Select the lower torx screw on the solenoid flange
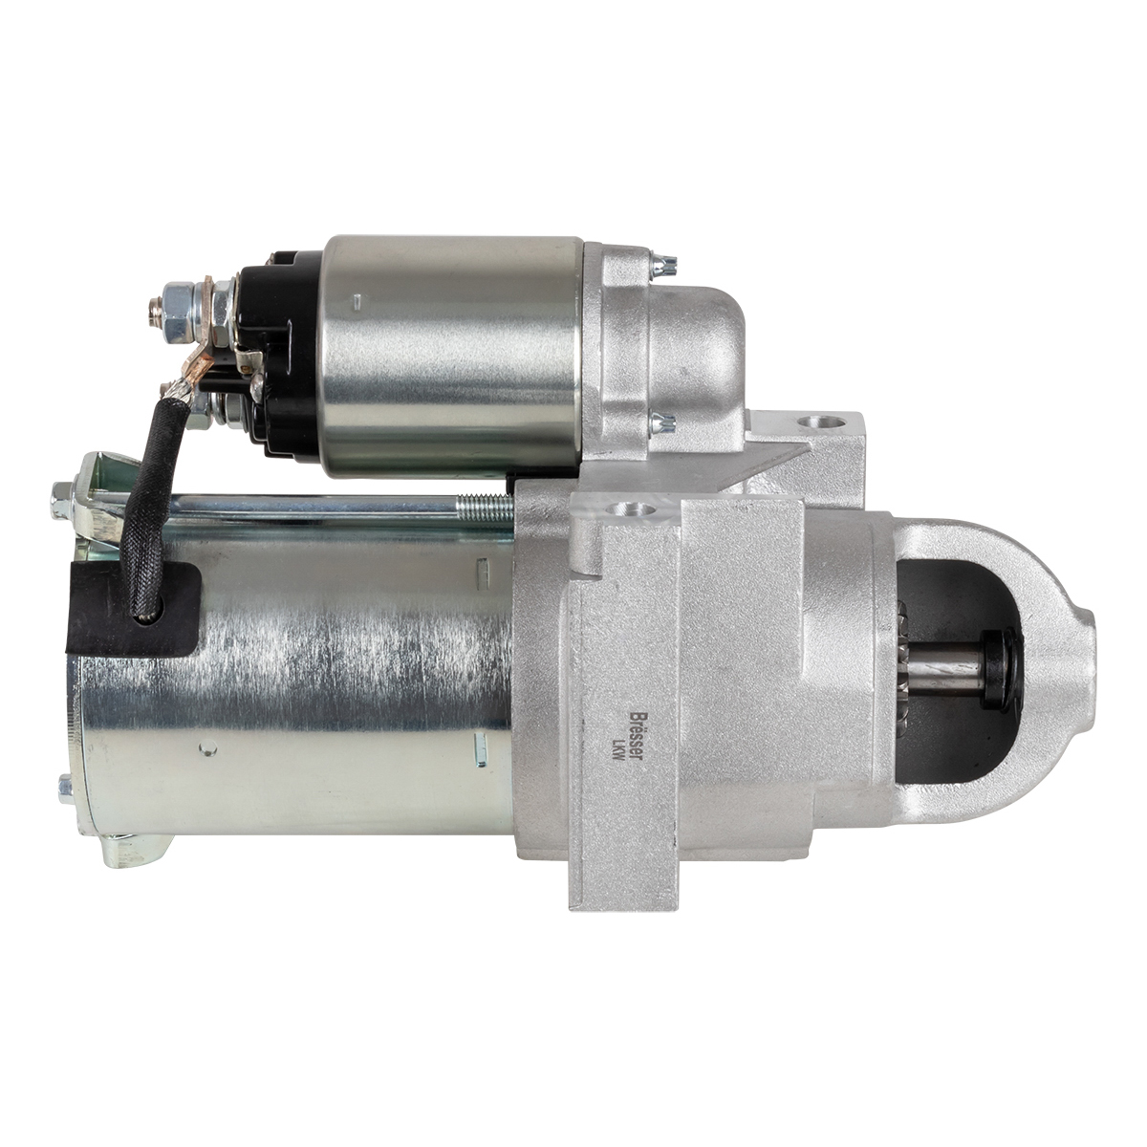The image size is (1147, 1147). tap(662, 423)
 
